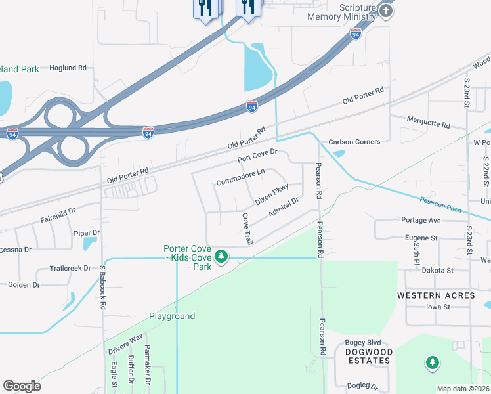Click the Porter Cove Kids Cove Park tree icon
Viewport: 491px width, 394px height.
(x=222, y=255)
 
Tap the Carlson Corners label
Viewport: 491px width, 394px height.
(x=354, y=142)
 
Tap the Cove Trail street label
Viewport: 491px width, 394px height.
(x=247, y=229)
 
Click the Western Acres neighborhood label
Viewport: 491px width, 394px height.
(x=436, y=295)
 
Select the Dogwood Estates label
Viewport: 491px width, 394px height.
(x=369, y=357)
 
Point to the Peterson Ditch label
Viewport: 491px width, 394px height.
(x=441, y=204)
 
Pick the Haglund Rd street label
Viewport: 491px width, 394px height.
(x=68, y=67)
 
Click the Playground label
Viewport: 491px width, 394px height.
(x=171, y=317)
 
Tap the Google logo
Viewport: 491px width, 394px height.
(x=22, y=386)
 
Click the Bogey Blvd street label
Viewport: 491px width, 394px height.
(x=362, y=343)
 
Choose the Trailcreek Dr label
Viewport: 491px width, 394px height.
(x=70, y=269)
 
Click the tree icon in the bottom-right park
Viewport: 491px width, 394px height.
(x=432, y=362)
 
